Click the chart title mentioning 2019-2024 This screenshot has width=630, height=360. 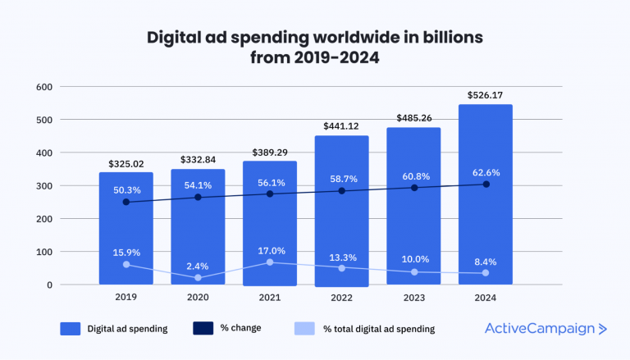click(x=314, y=47)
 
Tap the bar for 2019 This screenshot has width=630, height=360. click(x=126, y=230)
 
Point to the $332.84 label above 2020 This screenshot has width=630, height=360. click(x=198, y=158)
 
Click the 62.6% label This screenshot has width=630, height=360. click(x=486, y=173)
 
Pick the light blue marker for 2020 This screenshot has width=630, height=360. click(x=198, y=278)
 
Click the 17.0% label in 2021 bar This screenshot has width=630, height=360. click(x=270, y=251)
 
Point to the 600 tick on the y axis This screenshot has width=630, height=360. click(x=43, y=87)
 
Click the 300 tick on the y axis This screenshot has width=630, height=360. click(x=43, y=186)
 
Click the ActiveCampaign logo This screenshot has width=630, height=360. click(x=546, y=329)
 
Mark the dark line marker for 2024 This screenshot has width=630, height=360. click(x=486, y=185)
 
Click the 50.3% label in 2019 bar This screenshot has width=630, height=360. click(x=126, y=190)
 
